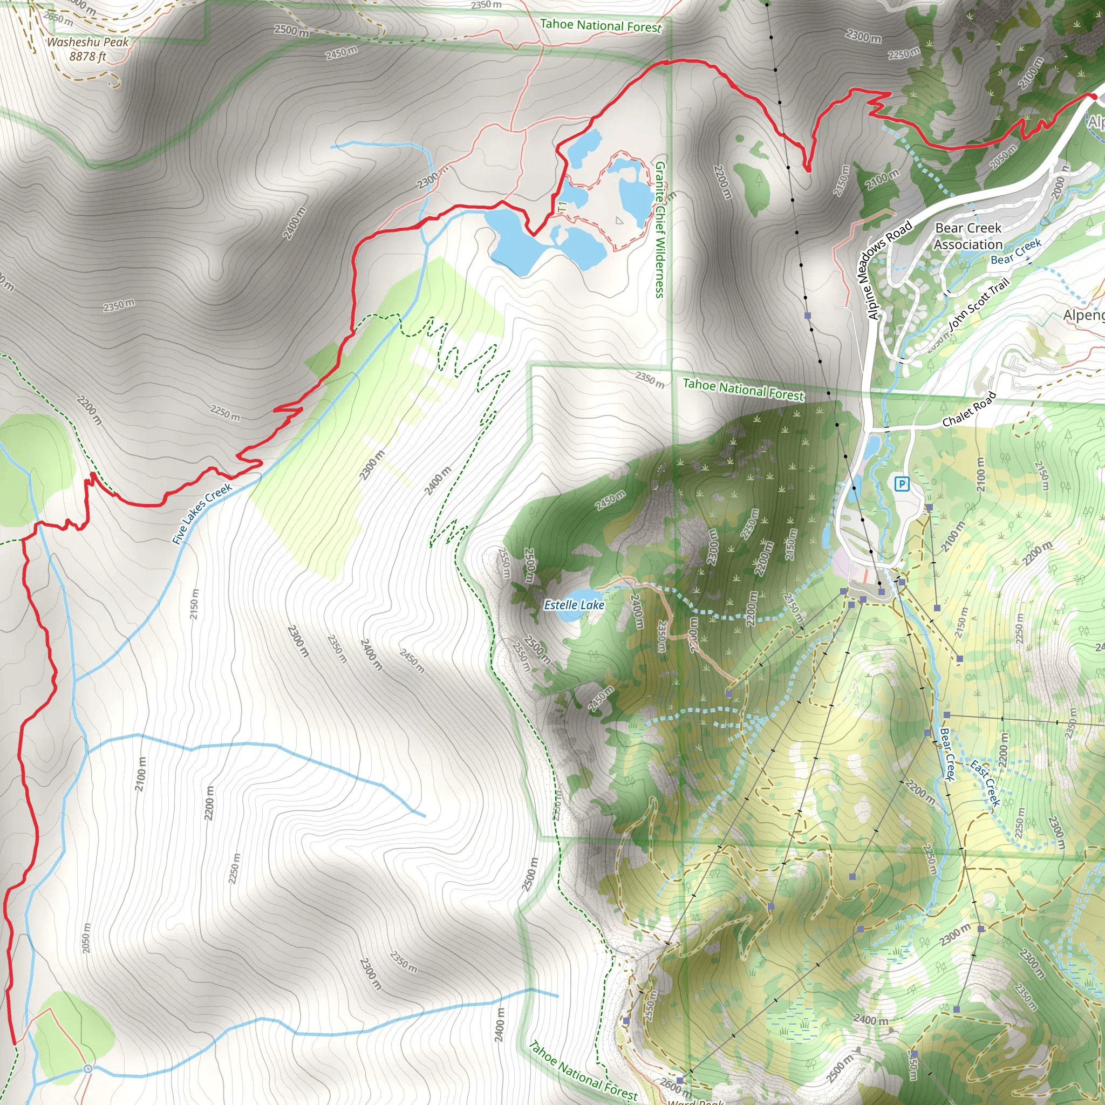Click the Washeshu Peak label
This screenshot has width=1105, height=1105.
87,42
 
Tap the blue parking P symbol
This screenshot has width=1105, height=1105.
902,485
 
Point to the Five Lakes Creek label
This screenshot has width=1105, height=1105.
202,513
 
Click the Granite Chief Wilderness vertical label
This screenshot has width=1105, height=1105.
659,229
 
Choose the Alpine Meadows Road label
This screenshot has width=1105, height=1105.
888,270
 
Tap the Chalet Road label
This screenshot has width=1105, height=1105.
969,410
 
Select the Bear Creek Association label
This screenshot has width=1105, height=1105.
968,236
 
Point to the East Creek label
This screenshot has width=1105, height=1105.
985,782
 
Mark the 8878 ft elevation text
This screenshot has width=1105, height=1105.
87,57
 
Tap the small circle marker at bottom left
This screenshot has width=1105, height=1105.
87,1068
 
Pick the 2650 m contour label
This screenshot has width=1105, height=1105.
58,19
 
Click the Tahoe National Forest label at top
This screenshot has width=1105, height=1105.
600,26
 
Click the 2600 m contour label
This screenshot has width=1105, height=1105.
676,1084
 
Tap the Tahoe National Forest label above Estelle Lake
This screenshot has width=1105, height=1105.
743,390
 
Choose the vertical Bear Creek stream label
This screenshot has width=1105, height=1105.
947,754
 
